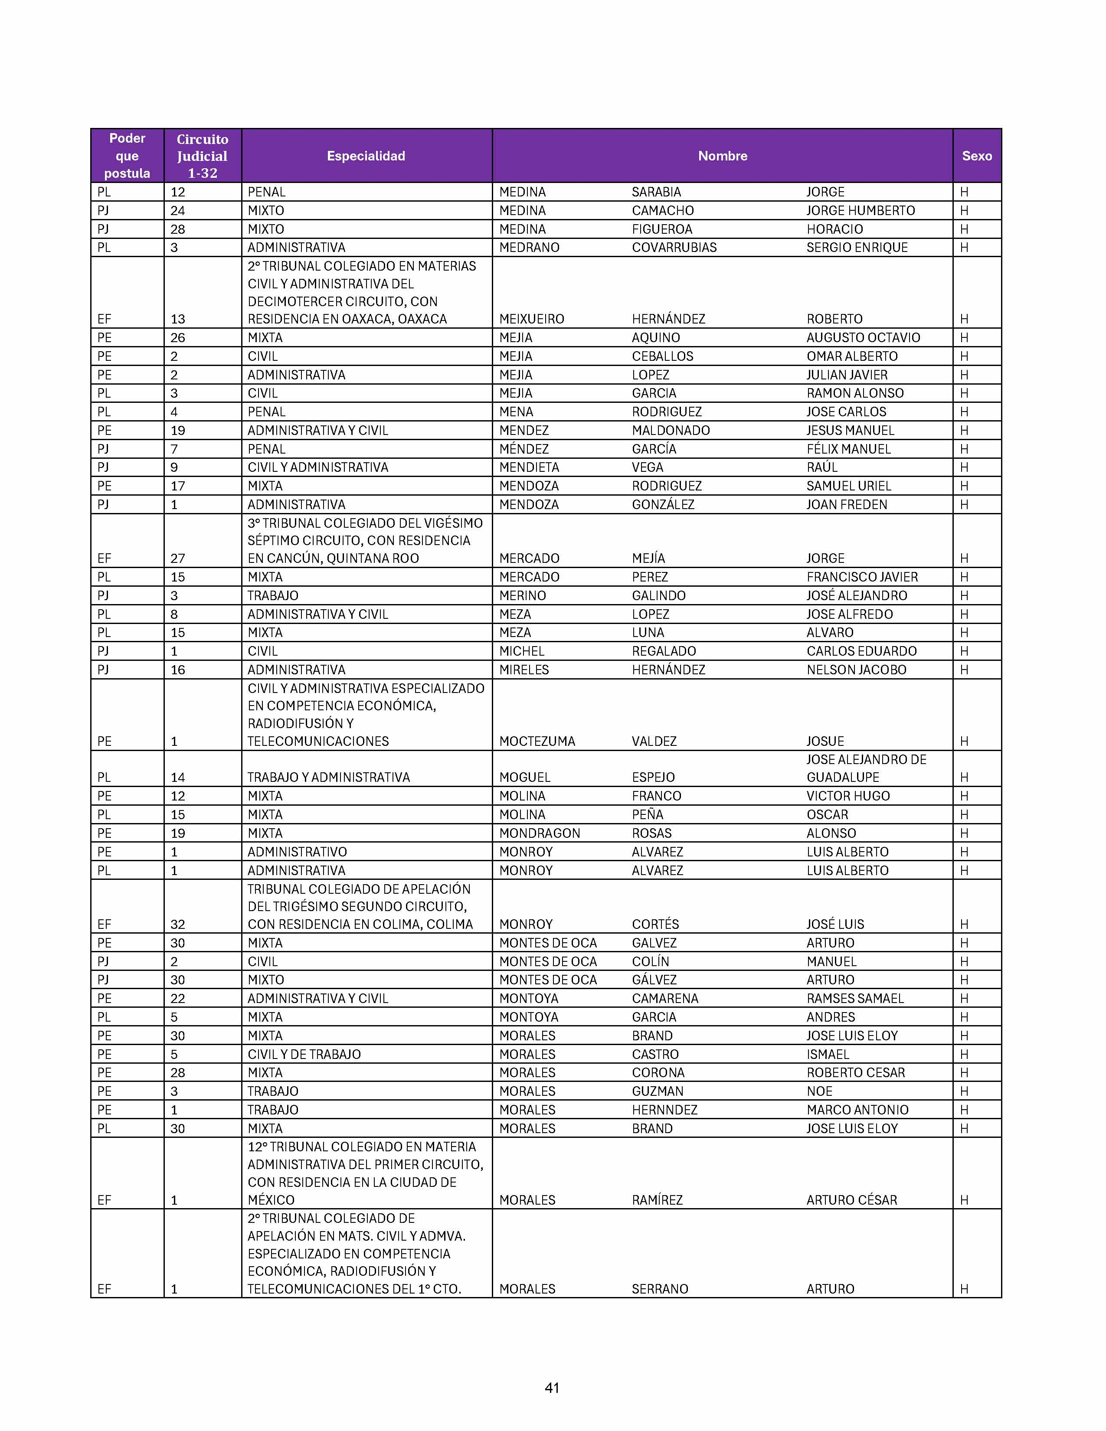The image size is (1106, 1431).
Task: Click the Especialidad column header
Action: point(366,156)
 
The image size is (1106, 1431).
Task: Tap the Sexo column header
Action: point(976,156)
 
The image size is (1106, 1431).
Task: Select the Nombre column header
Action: point(722,156)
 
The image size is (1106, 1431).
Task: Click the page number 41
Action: point(552,1388)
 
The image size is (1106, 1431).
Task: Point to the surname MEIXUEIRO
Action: point(531,319)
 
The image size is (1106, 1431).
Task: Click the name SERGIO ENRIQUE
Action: point(856,248)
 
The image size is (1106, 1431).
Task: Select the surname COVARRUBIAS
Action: point(674,248)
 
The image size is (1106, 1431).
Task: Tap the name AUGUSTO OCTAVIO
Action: point(863,337)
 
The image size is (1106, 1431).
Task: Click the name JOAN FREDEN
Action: point(847,504)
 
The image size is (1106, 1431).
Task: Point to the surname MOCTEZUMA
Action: point(537,741)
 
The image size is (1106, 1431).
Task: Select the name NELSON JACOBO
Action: point(856,670)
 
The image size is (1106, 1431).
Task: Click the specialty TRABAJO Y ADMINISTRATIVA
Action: point(328,777)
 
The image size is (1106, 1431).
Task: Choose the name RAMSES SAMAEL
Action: point(854,999)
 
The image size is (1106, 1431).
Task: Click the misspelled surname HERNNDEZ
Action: point(664,1110)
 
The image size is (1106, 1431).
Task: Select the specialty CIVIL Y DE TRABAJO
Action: point(304,1054)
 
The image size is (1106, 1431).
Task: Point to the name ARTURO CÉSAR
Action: point(851,1200)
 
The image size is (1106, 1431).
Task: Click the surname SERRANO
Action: point(659,1289)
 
